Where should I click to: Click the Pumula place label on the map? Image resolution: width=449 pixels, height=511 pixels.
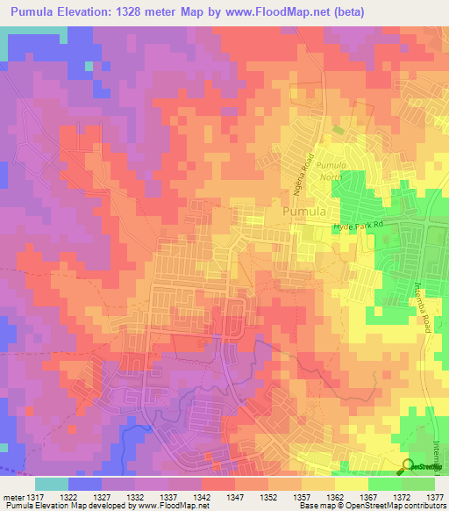point(304,212)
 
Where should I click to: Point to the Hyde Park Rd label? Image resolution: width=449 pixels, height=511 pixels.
point(359,227)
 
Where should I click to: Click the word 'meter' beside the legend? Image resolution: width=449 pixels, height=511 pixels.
point(12,498)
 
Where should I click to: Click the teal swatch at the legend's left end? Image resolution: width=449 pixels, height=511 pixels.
point(51,484)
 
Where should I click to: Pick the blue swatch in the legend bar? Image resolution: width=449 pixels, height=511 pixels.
point(84,484)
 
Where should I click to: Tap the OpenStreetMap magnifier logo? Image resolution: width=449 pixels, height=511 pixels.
point(409,465)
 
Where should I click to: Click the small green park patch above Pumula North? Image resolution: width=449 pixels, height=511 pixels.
point(339,130)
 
